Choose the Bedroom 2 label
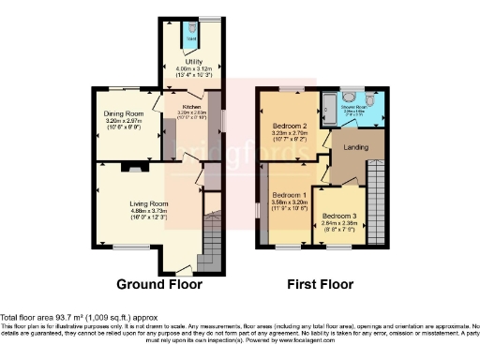tap(290, 126)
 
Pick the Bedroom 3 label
tap(339, 216)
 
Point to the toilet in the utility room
tap(191, 31)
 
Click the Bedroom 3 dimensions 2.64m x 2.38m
tap(339, 223)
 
